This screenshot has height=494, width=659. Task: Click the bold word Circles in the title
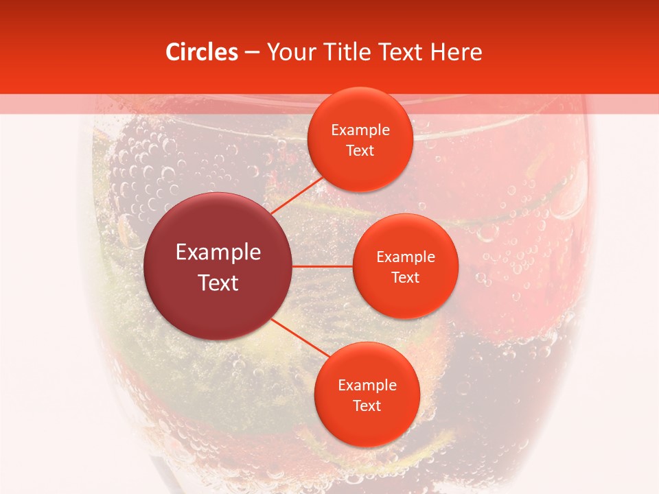point(201,52)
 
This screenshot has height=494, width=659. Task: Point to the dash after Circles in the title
point(252,53)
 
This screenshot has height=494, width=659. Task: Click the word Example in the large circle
point(218,252)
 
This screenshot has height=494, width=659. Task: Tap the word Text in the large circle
point(218,283)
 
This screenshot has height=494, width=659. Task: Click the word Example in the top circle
point(360,130)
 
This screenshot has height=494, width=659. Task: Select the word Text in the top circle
point(360,151)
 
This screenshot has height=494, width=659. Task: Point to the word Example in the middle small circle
point(405,257)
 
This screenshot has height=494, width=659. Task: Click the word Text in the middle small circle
point(405,278)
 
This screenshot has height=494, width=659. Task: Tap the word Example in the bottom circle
point(367,386)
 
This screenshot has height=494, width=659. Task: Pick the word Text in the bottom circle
point(367,406)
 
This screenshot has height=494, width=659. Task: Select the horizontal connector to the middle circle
point(323,266)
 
